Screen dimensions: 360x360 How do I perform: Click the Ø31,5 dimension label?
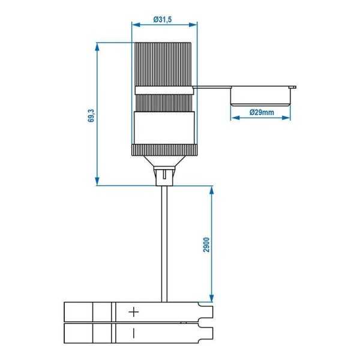pyautogui.click(x=164, y=19)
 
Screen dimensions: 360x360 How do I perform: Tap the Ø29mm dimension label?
pyautogui.click(x=262, y=112)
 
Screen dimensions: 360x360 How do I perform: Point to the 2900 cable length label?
pyautogui.click(x=205, y=245)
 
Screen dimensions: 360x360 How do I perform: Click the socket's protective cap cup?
pyautogui.click(x=262, y=96)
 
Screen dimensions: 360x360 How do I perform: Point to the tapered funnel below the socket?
pyautogui.click(x=164, y=159)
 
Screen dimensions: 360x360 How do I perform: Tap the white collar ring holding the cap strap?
pyautogui.click(x=164, y=90)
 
